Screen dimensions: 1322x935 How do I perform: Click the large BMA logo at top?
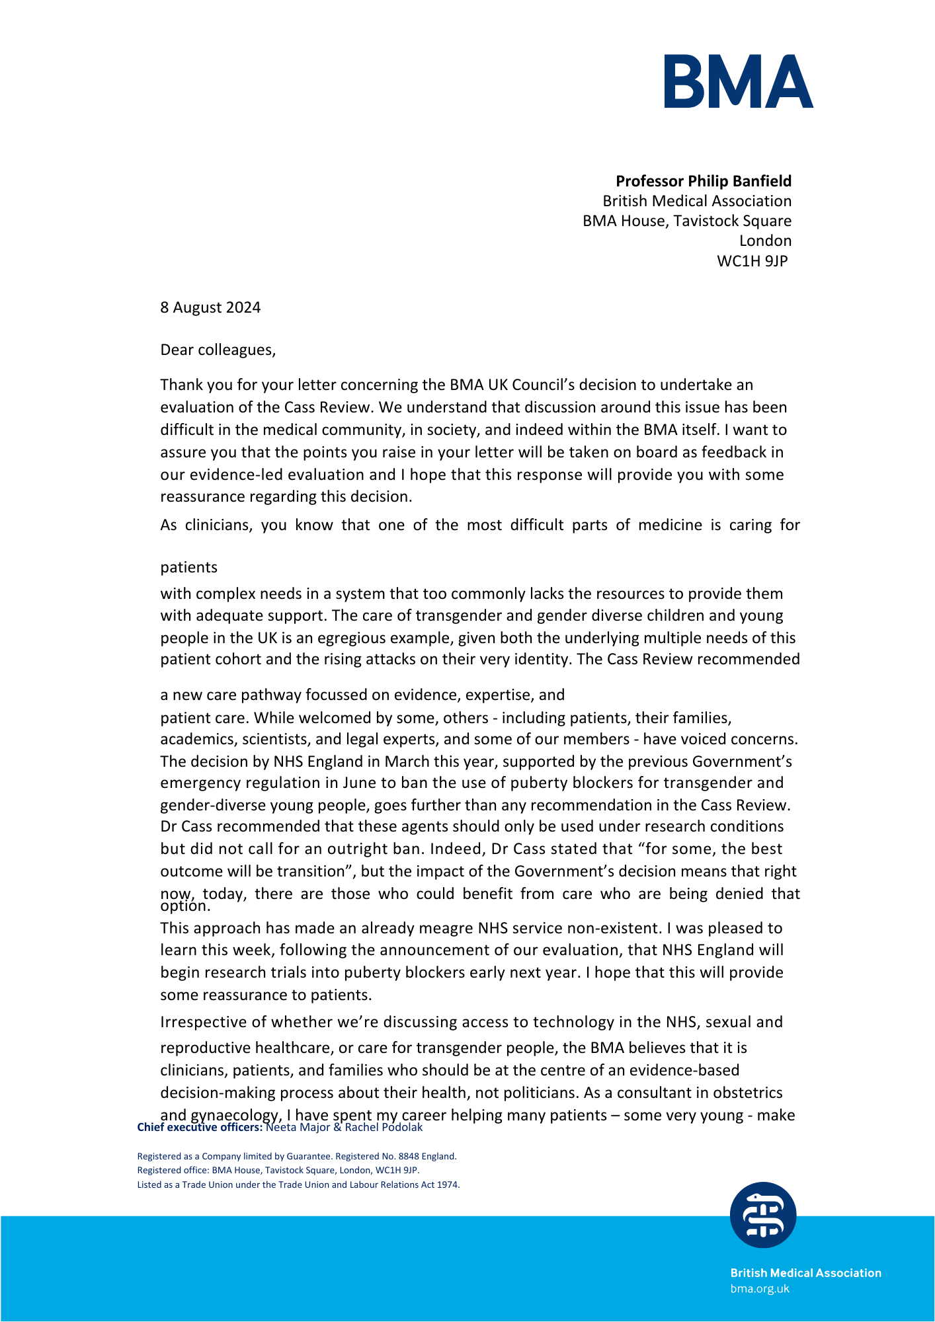[x=739, y=81]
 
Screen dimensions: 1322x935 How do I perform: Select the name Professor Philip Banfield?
[x=704, y=181]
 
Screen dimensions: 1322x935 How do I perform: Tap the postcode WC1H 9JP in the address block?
[x=752, y=261]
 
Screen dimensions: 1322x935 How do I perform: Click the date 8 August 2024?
[x=210, y=307]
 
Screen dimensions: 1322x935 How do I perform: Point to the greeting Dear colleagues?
[x=218, y=350]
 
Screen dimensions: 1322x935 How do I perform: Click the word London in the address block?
[x=765, y=241]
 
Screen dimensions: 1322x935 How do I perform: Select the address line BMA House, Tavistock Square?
[x=686, y=221]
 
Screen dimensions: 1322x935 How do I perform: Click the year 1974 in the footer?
[x=448, y=1185]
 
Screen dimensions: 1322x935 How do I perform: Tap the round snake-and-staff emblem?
[x=763, y=1215]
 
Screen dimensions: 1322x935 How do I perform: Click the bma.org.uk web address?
[x=760, y=1289]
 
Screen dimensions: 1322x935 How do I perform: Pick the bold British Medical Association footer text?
[x=805, y=1273]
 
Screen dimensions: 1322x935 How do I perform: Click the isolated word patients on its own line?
[x=188, y=567]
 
